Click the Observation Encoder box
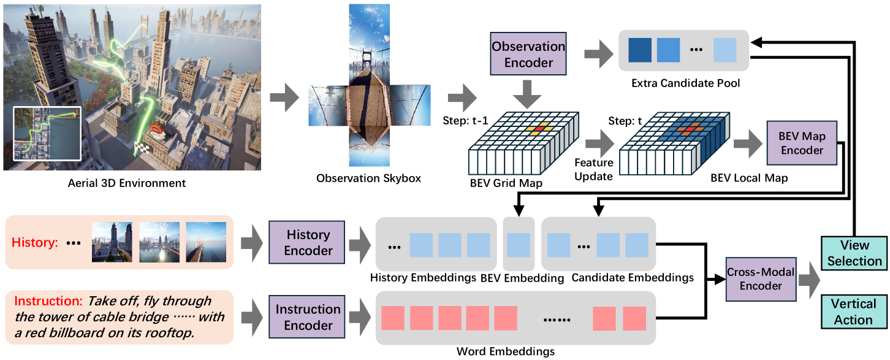pyautogui.click(x=528, y=54)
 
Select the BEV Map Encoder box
pyautogui.click(x=802, y=142)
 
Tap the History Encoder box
pyautogui.click(x=308, y=242)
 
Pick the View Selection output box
pyautogui.click(x=854, y=252)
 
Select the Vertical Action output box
pyautogui.click(x=854, y=312)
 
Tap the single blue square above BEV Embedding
pyautogui.click(x=519, y=244)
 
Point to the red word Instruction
pyautogui.click(x=48, y=301)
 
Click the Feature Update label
pyautogui.click(x=593, y=170)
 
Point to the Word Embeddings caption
pyautogui.click(x=506, y=351)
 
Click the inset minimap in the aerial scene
pyautogui.click(x=47, y=133)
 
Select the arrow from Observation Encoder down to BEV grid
pyautogui.click(x=529, y=93)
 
